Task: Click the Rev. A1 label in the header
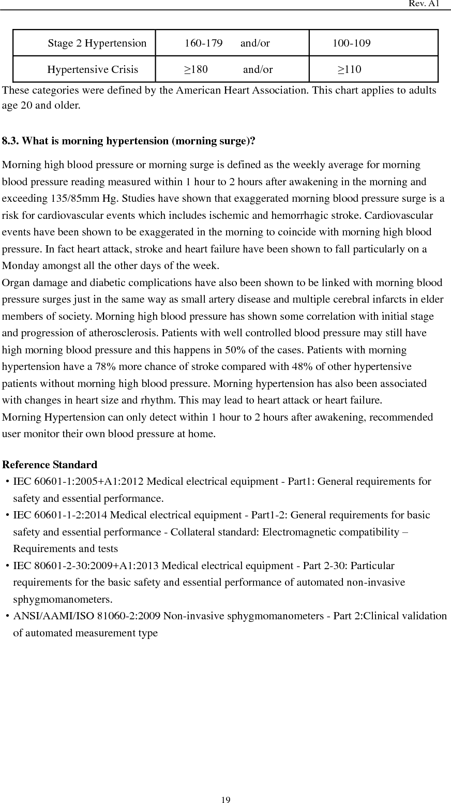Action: [x=424, y=4]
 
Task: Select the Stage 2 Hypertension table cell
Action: [x=97, y=43]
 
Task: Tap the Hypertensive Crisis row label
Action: [x=93, y=69]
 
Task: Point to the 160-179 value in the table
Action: [x=203, y=43]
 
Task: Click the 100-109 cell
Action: [x=351, y=43]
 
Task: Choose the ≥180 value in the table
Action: [x=196, y=69]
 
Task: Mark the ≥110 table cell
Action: [x=350, y=69]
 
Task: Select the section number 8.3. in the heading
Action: [x=11, y=141]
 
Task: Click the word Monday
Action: [x=21, y=266]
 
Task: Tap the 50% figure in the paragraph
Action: [x=235, y=350]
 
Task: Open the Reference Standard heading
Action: [x=50, y=465]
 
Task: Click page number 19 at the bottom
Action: [x=226, y=800]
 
